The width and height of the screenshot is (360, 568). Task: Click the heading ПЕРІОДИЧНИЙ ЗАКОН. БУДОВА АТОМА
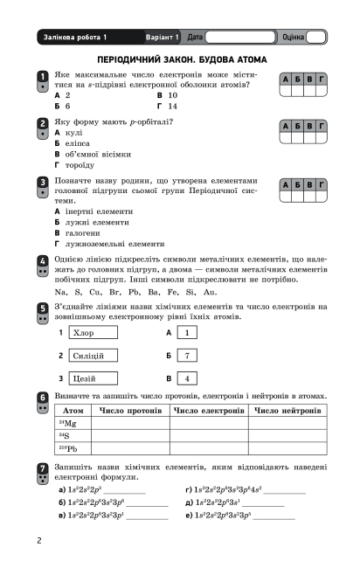pos(179,59)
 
